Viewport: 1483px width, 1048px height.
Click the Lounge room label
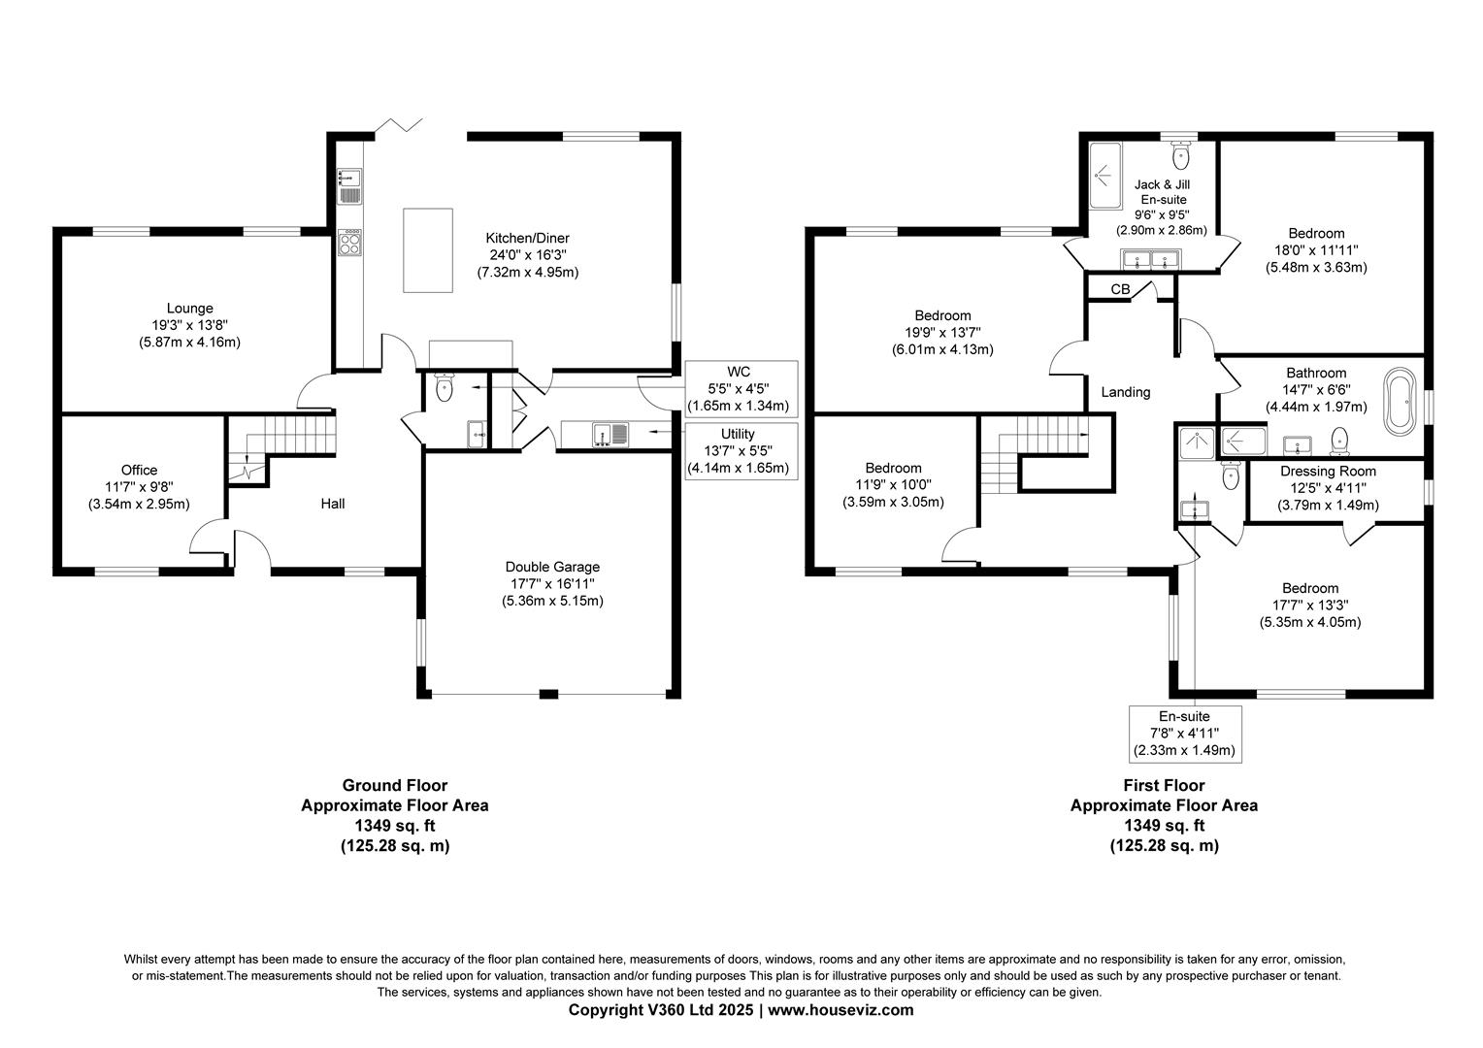point(189,309)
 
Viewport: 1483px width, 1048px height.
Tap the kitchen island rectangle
point(428,250)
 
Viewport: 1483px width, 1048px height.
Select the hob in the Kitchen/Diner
point(349,243)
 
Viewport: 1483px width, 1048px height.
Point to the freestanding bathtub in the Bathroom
point(1400,401)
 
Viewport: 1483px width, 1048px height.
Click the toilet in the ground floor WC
point(444,387)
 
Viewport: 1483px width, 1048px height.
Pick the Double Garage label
point(552,567)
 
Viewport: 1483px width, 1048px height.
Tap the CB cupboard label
point(1120,289)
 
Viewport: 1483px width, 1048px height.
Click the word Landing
point(1126,392)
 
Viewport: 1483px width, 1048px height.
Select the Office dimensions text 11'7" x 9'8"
point(139,487)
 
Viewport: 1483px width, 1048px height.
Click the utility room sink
point(610,435)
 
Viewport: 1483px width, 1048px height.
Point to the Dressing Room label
point(1328,472)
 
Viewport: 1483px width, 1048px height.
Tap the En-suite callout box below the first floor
point(1184,734)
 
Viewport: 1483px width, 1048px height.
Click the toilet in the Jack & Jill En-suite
point(1180,154)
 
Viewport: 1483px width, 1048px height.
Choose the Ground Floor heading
point(395,785)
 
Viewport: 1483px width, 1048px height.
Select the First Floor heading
point(1164,785)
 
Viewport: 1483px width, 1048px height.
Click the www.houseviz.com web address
point(840,1009)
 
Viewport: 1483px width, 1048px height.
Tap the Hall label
point(332,504)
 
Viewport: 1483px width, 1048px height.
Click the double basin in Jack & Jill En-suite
point(1151,259)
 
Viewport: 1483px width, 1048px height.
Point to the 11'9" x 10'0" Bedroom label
point(893,485)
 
